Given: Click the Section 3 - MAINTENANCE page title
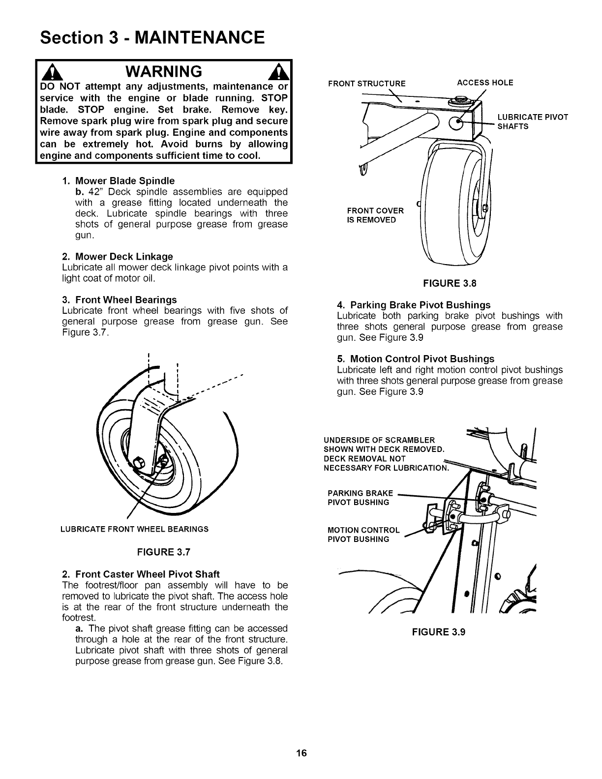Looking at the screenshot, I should pyautogui.click(x=152, y=37).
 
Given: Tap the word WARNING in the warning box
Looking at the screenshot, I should pyautogui.click(x=163, y=72).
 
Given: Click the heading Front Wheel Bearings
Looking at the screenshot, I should pyautogui.click(x=120, y=300).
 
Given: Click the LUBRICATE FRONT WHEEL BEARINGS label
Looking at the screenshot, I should pyautogui.click(x=134, y=529).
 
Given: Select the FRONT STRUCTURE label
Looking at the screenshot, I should pyautogui.click(x=367, y=84).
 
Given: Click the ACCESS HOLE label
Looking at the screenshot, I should pyautogui.click(x=485, y=83).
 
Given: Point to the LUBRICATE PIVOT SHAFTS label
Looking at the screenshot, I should pyautogui.click(x=533, y=121).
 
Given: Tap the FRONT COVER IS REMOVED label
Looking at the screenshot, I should pyautogui.click(x=375, y=215).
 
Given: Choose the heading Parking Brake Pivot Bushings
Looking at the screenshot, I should pyautogui.click(x=414, y=304).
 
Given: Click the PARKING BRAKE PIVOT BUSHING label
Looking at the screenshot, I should pyautogui.click(x=360, y=498).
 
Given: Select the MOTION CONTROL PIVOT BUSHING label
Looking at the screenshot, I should pyautogui.click(x=363, y=535).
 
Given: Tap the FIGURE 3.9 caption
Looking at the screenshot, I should pyautogui.click(x=439, y=632).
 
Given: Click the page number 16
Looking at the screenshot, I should pyautogui.click(x=301, y=753).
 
